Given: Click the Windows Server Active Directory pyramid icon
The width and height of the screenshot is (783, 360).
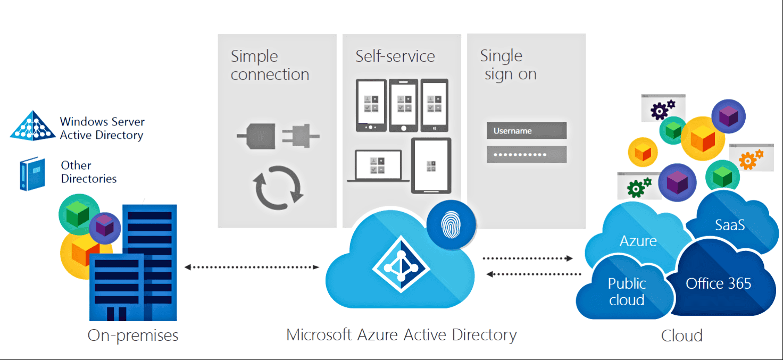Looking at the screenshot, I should [x=33, y=126].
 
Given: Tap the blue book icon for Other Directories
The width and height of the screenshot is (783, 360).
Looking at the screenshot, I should [x=31, y=173].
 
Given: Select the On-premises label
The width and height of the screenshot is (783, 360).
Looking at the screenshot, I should [x=133, y=336].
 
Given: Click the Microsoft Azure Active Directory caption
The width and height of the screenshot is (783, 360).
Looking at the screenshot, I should [x=401, y=335].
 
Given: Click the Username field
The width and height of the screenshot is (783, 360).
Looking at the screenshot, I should [x=526, y=131].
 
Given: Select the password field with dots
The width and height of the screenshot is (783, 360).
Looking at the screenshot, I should [x=526, y=154].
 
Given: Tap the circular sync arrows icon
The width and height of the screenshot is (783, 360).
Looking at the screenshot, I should [x=278, y=187].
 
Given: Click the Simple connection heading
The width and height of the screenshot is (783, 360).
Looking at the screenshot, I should [x=270, y=65].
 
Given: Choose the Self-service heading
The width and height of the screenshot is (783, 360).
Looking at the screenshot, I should [x=395, y=56].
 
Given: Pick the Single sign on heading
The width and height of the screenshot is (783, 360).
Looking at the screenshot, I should [x=508, y=65].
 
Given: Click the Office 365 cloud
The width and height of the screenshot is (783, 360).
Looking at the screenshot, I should [x=718, y=283].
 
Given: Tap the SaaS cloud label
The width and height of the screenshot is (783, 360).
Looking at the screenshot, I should [x=729, y=225].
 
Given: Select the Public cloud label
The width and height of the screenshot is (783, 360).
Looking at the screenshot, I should [x=627, y=292].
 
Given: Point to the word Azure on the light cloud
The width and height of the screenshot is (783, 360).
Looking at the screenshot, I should [x=638, y=241].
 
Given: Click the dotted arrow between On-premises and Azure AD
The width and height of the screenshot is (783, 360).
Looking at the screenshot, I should [x=251, y=266].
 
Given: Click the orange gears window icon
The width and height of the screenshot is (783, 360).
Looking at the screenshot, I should [x=751, y=158].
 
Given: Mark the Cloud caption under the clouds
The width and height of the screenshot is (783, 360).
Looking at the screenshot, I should [x=681, y=336].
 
